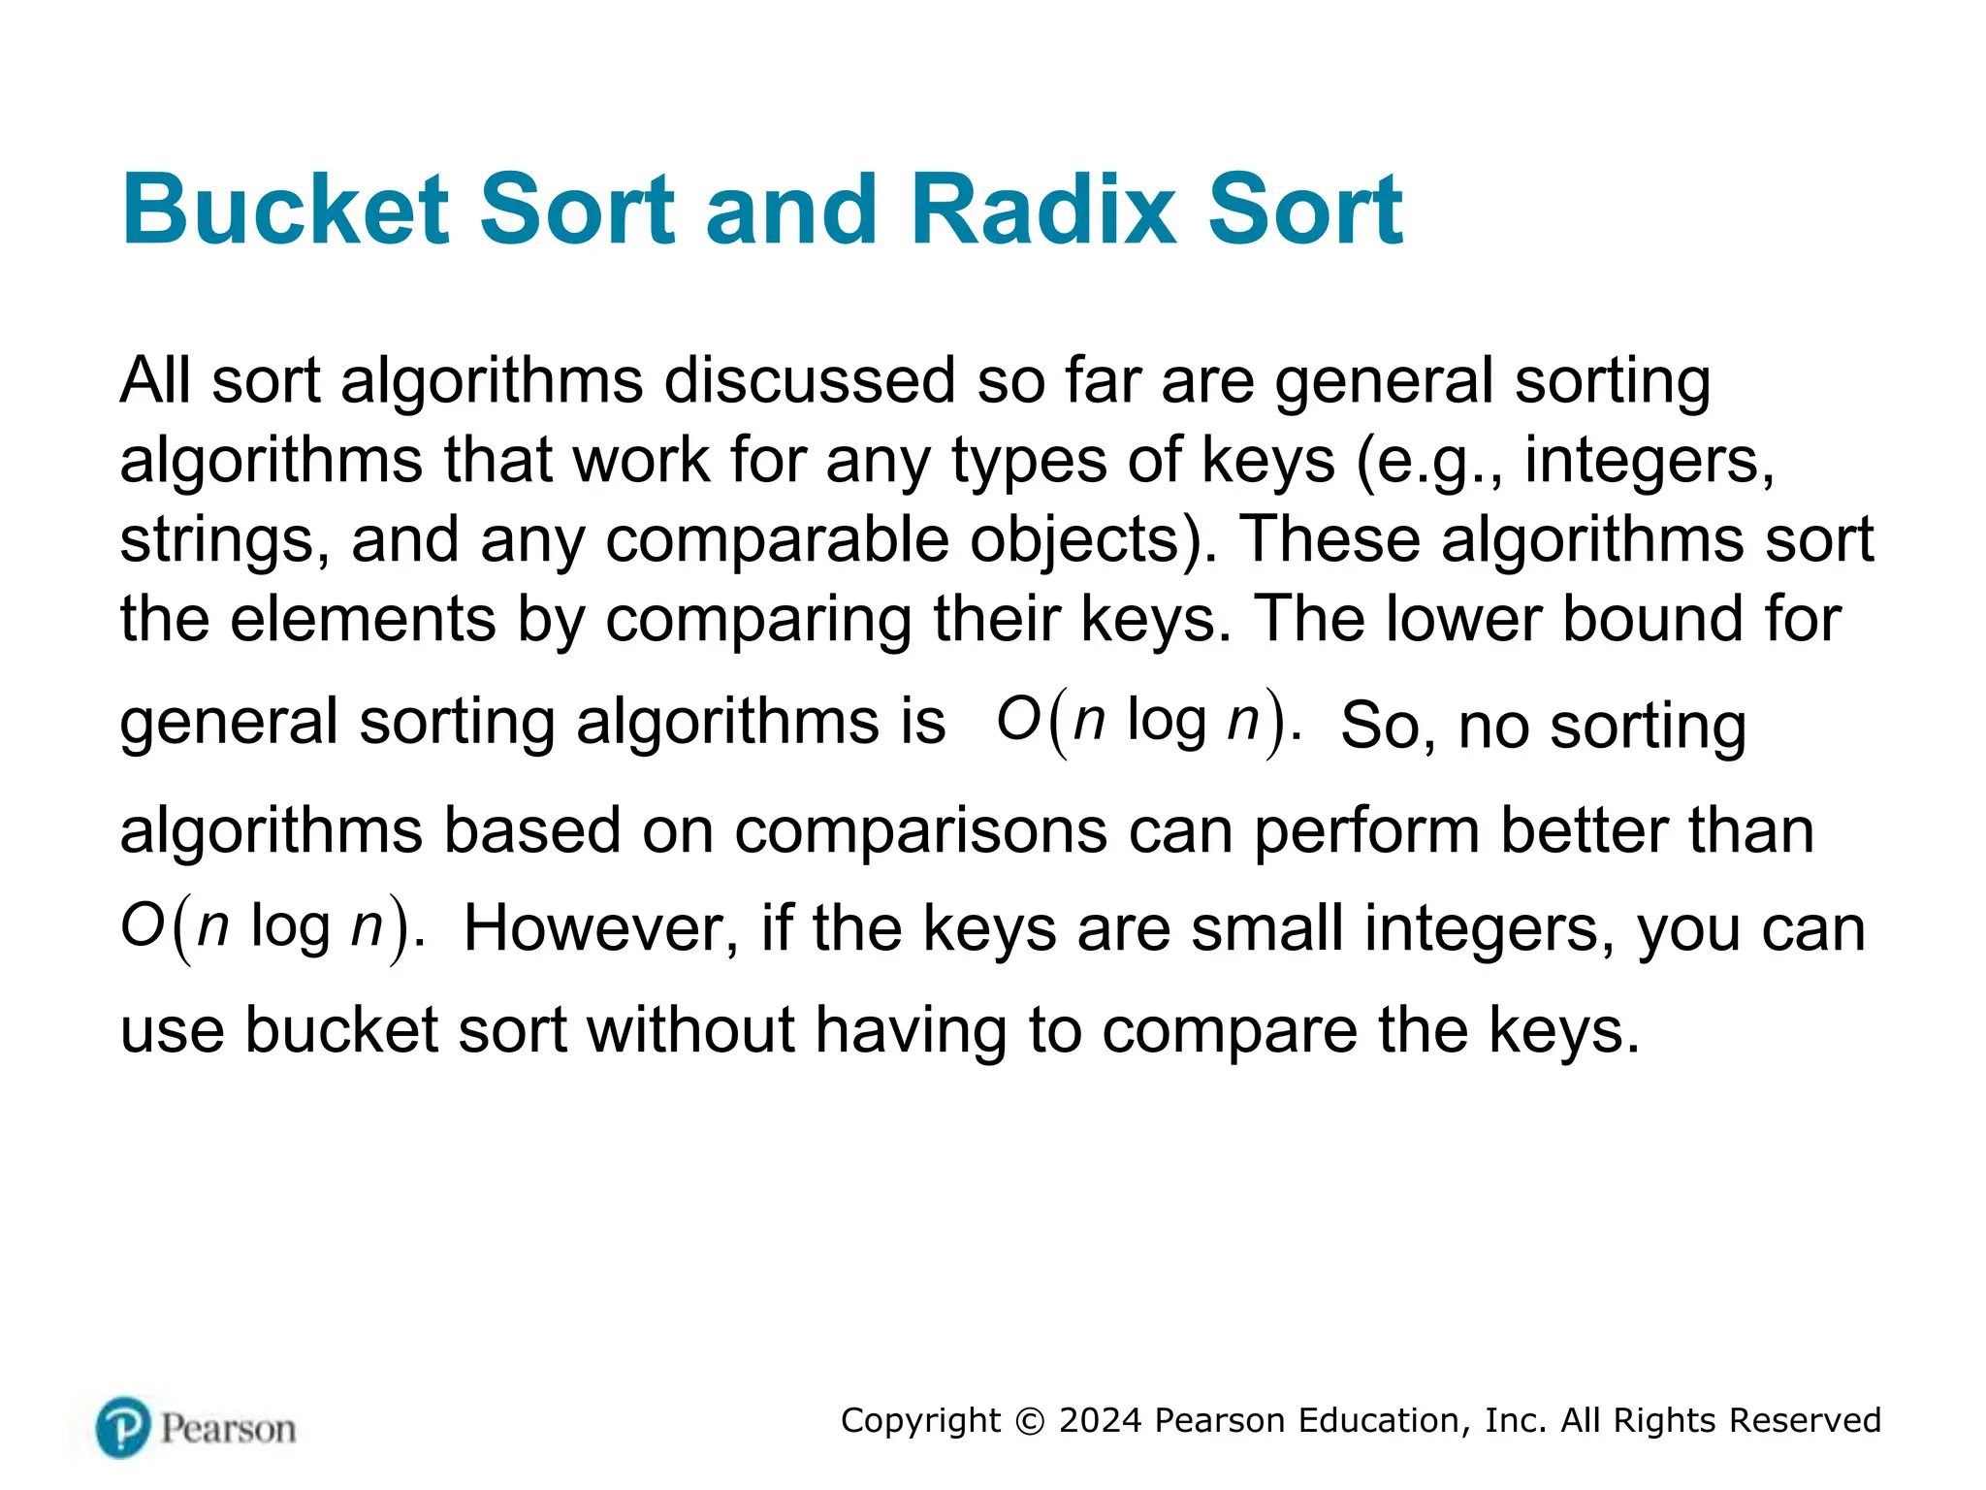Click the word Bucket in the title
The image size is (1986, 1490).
pyautogui.click(x=285, y=210)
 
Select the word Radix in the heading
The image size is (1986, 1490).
pyautogui.click(x=1041, y=210)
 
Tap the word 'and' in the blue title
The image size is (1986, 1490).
pyautogui.click(x=791, y=210)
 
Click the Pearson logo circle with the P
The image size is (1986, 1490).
pyautogui.click(x=123, y=1427)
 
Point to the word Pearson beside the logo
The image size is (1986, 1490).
pyautogui.click(x=228, y=1429)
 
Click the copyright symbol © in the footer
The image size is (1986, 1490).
pyautogui.click(x=1029, y=1421)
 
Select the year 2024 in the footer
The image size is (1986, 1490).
pyautogui.click(x=1101, y=1421)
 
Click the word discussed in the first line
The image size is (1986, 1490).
pyautogui.click(x=809, y=380)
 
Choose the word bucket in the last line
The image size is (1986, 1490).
pyautogui.click(x=340, y=1029)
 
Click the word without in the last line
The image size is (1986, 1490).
pyautogui.click(x=690, y=1029)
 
